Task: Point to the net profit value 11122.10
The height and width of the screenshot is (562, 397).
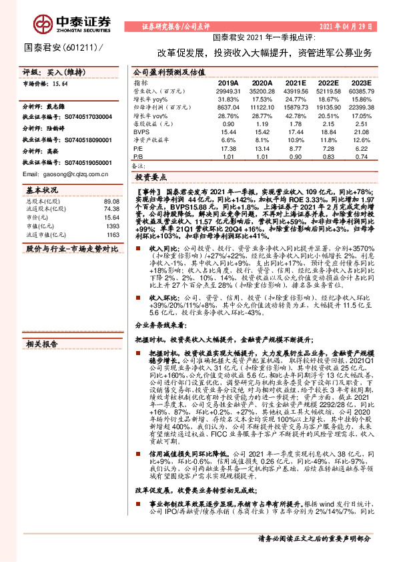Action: [262, 107]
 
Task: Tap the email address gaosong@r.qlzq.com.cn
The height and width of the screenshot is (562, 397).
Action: [57, 174]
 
